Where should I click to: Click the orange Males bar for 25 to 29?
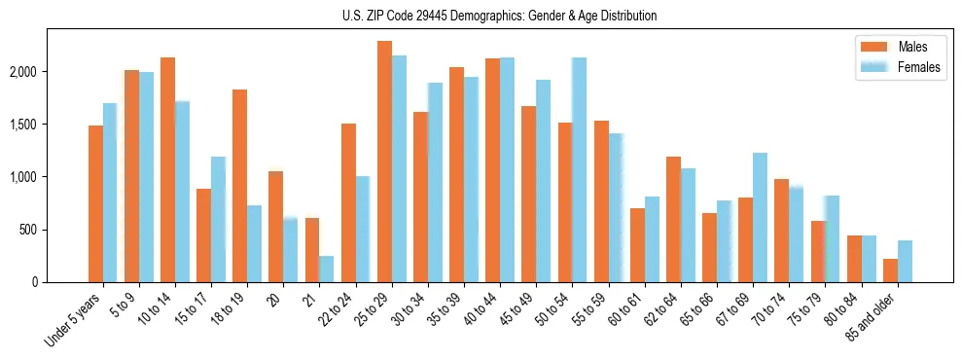click(x=384, y=162)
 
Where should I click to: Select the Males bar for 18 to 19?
click(x=239, y=186)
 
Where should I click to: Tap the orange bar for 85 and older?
click(x=890, y=270)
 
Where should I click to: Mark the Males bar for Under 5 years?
click(x=95, y=204)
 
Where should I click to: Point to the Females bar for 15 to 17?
click(x=218, y=220)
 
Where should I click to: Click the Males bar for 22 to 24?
click(x=348, y=203)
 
